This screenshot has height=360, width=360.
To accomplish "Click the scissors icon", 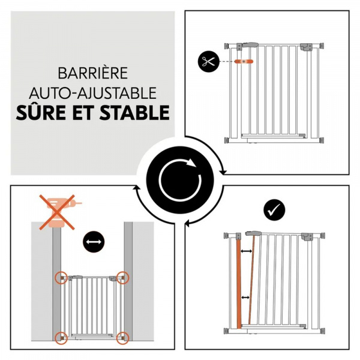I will (x=208, y=61).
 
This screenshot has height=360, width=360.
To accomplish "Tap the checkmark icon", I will (x=274, y=209).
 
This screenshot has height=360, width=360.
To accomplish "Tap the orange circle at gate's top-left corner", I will (x=61, y=278).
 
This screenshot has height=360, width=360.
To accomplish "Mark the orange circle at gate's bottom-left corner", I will (x=61, y=336).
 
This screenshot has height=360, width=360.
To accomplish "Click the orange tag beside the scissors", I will (x=246, y=61).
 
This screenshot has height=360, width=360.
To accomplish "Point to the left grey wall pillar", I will (x=56, y=282).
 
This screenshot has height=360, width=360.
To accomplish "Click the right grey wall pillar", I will (x=128, y=282).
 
